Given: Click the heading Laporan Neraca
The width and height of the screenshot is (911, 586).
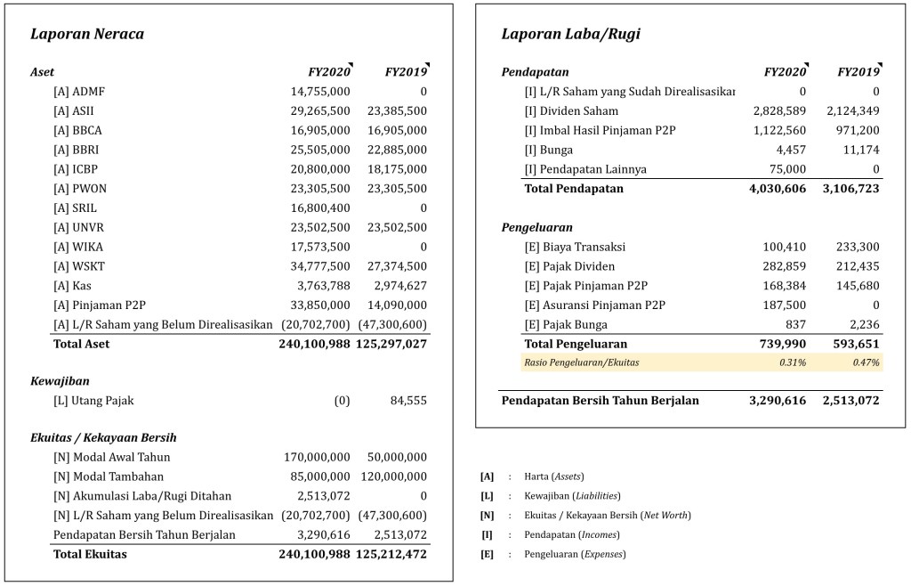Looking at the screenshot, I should coord(87,35).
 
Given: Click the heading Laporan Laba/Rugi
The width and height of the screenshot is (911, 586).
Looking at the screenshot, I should coord(570,35).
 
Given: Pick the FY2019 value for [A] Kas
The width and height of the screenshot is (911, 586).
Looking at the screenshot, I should coord(397,286).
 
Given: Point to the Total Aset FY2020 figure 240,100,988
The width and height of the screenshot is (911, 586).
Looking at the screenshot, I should coord(315,344).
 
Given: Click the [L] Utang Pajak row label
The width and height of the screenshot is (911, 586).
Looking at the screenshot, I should coord(93,401).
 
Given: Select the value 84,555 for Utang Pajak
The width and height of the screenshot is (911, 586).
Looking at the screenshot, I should coord(408,401).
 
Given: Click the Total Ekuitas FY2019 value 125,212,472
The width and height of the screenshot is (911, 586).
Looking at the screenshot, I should coord(391,554).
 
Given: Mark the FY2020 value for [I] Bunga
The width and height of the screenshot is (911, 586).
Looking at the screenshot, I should coord(787,150).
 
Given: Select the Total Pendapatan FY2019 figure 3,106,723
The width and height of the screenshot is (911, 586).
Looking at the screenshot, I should coord(849,189).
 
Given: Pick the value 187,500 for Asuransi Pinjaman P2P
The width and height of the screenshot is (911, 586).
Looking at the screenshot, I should coord(785,305).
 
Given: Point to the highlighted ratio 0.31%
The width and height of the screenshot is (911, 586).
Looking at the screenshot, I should coord(793,362).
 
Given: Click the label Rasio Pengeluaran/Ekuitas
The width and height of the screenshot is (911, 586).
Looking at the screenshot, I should coord(582,362).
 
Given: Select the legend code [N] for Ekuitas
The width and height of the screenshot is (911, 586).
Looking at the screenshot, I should coord(487,516).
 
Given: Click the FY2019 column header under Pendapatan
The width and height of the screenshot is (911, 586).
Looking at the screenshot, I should coord(858,72).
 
